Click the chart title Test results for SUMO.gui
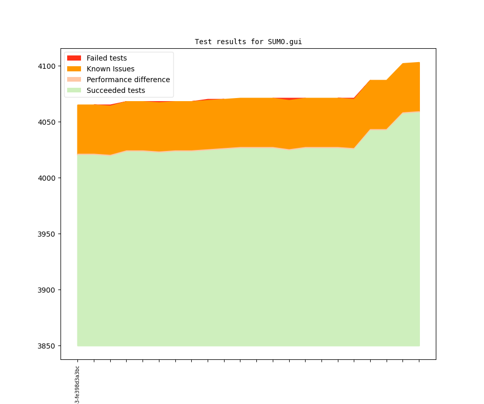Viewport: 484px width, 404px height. point(248,42)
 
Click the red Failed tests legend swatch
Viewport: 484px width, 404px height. point(74,58)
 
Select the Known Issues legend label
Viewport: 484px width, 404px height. point(110,69)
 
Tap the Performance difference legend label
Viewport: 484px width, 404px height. point(128,80)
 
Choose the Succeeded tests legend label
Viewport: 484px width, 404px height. point(115,90)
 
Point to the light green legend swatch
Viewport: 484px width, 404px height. point(74,90)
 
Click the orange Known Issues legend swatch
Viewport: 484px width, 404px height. point(74,69)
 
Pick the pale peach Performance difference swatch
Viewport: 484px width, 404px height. point(74,80)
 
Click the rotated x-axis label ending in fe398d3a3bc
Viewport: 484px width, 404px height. point(77,384)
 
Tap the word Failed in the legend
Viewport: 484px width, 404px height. point(96,58)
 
